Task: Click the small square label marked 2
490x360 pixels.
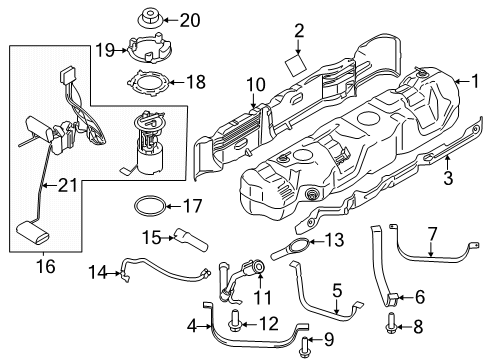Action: (296, 67)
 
